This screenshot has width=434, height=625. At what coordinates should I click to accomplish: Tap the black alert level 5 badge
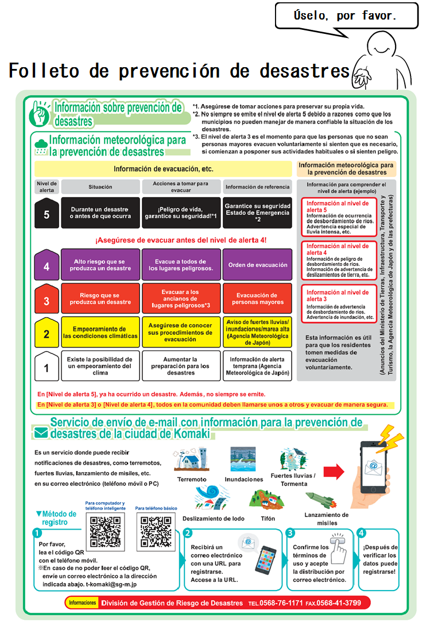click(47, 213)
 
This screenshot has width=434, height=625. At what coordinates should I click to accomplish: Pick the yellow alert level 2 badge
click(47, 333)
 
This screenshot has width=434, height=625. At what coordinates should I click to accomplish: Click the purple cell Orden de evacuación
click(257, 265)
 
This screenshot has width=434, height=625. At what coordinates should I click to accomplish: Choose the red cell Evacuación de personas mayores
click(257, 299)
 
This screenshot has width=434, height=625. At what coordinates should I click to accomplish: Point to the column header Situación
click(100, 187)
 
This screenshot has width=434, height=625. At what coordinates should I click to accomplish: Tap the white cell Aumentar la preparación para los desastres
click(181, 366)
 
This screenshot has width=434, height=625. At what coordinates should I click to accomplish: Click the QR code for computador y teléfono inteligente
click(104, 532)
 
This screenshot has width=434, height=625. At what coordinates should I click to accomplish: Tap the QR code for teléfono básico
click(156, 532)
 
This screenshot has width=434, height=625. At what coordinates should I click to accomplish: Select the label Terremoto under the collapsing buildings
click(192, 479)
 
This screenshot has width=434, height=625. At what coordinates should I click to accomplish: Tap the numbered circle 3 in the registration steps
click(290, 533)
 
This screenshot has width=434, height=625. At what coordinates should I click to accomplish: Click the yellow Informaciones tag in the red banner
click(82, 603)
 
